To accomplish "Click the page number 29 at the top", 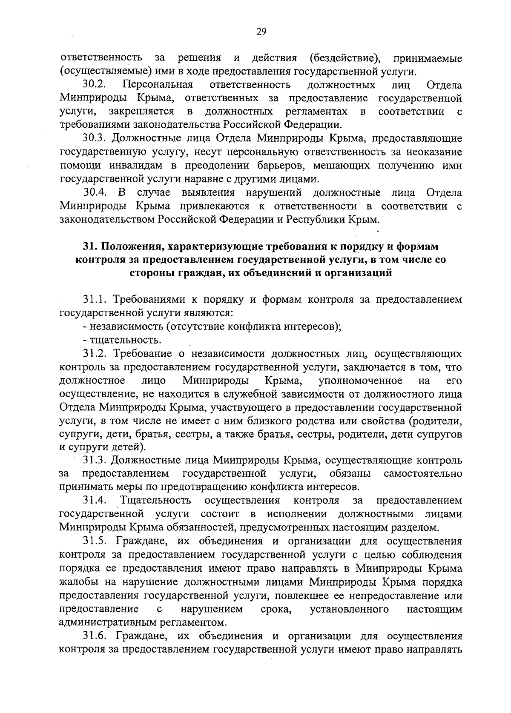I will pyautogui.click(x=261, y=31).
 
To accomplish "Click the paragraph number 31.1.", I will pyautogui.click(x=94, y=300).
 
